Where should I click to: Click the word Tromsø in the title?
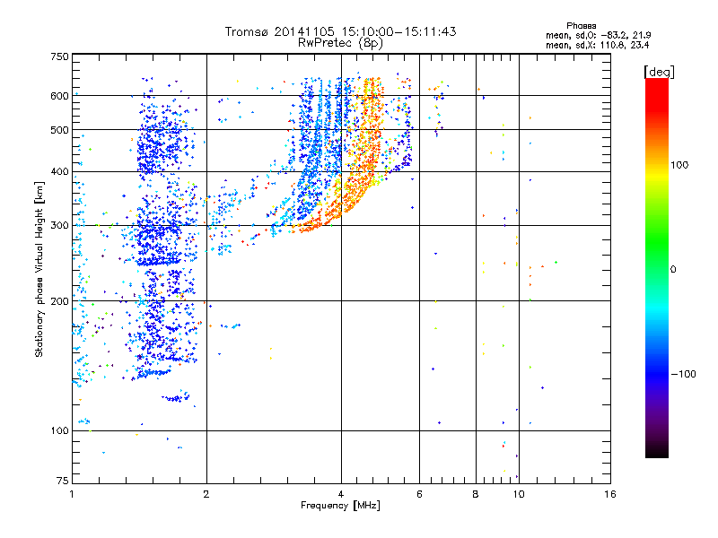tap(248, 31)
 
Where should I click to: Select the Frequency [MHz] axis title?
tap(340, 507)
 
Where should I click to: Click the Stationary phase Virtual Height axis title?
tap(39, 269)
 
